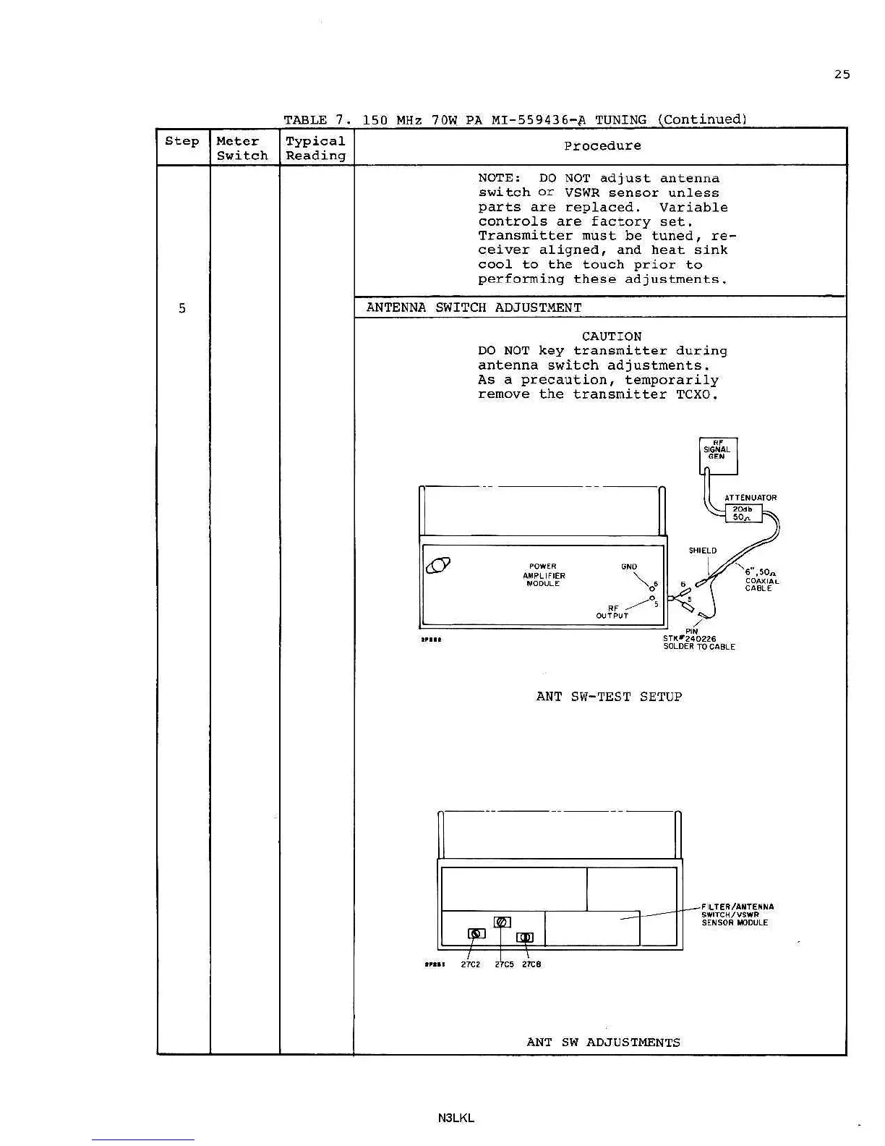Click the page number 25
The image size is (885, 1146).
(842, 75)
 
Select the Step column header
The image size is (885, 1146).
(181, 141)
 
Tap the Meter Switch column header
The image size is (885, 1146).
(241, 148)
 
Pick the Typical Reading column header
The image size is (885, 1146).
(315, 148)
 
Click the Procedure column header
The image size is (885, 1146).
(602, 146)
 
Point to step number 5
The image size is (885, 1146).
(181, 308)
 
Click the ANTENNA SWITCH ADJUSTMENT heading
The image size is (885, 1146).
(474, 307)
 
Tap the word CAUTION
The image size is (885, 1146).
(611, 336)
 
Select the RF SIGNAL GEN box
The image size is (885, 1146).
(717, 455)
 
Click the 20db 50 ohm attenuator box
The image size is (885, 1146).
(743, 513)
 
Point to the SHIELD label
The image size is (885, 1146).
(702, 551)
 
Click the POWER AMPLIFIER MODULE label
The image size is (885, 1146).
(543, 575)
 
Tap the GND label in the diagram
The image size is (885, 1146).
(628, 567)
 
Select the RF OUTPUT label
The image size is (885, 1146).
(612, 612)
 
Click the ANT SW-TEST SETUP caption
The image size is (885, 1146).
(609, 697)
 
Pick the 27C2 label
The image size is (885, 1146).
(470, 964)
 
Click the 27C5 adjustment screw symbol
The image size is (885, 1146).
(502, 922)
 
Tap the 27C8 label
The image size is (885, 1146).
(531, 964)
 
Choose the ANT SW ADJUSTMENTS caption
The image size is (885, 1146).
(603, 1043)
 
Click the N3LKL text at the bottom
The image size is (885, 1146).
(456, 1118)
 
